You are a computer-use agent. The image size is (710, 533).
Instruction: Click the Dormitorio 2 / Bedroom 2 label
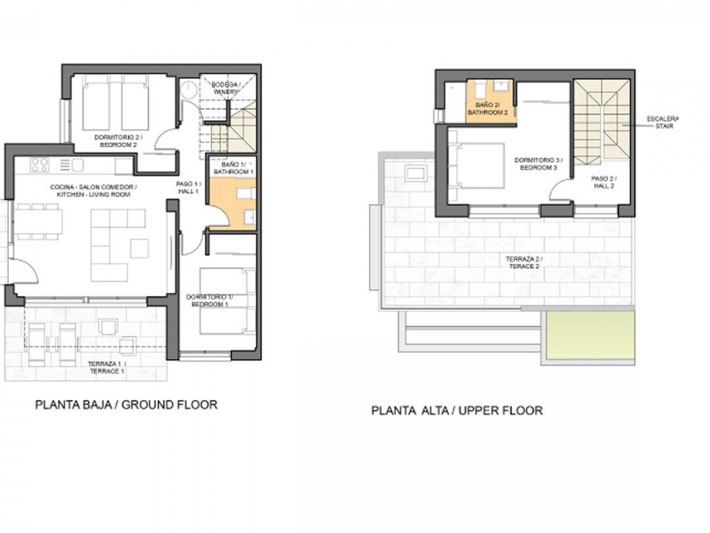(111, 141)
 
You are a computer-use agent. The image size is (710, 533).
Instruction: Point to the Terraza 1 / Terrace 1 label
(106, 367)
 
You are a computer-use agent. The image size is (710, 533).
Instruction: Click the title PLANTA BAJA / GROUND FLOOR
(126, 405)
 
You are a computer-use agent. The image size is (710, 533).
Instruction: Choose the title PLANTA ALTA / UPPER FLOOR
(457, 411)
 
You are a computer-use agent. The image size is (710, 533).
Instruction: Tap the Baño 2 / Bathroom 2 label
(488, 109)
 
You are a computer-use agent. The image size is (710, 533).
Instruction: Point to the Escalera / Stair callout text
(663, 123)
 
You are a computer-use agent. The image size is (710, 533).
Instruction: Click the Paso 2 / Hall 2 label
(603, 183)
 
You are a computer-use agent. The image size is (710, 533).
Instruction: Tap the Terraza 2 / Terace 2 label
(524, 263)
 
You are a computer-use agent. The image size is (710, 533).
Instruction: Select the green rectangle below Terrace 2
(589, 338)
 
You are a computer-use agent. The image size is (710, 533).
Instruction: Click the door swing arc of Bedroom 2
(165, 139)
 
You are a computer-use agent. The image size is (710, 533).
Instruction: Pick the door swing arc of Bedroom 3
(559, 192)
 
